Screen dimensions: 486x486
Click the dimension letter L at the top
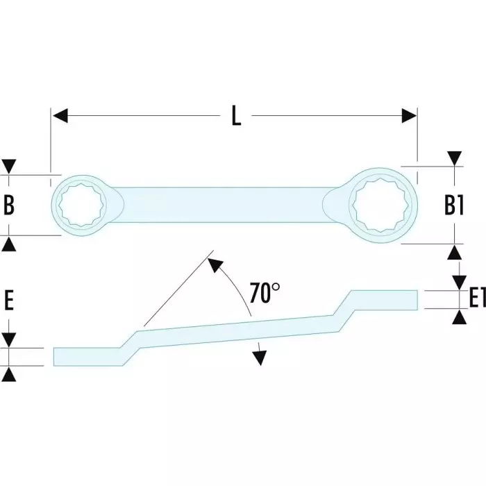[x=236, y=115]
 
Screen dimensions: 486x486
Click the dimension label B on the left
[x=10, y=206]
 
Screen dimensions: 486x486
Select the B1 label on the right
[x=455, y=206]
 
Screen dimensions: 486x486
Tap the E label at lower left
[x=10, y=301]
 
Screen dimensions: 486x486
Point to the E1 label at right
[x=474, y=299]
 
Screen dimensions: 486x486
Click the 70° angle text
[x=265, y=293]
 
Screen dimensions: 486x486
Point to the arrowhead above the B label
[x=10, y=167]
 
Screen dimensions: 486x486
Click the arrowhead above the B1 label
[x=455, y=158]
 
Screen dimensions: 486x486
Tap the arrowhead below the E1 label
[x=459, y=317]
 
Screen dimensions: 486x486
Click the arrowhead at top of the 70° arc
[x=215, y=265]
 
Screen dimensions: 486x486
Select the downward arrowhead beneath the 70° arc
[x=260, y=357]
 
